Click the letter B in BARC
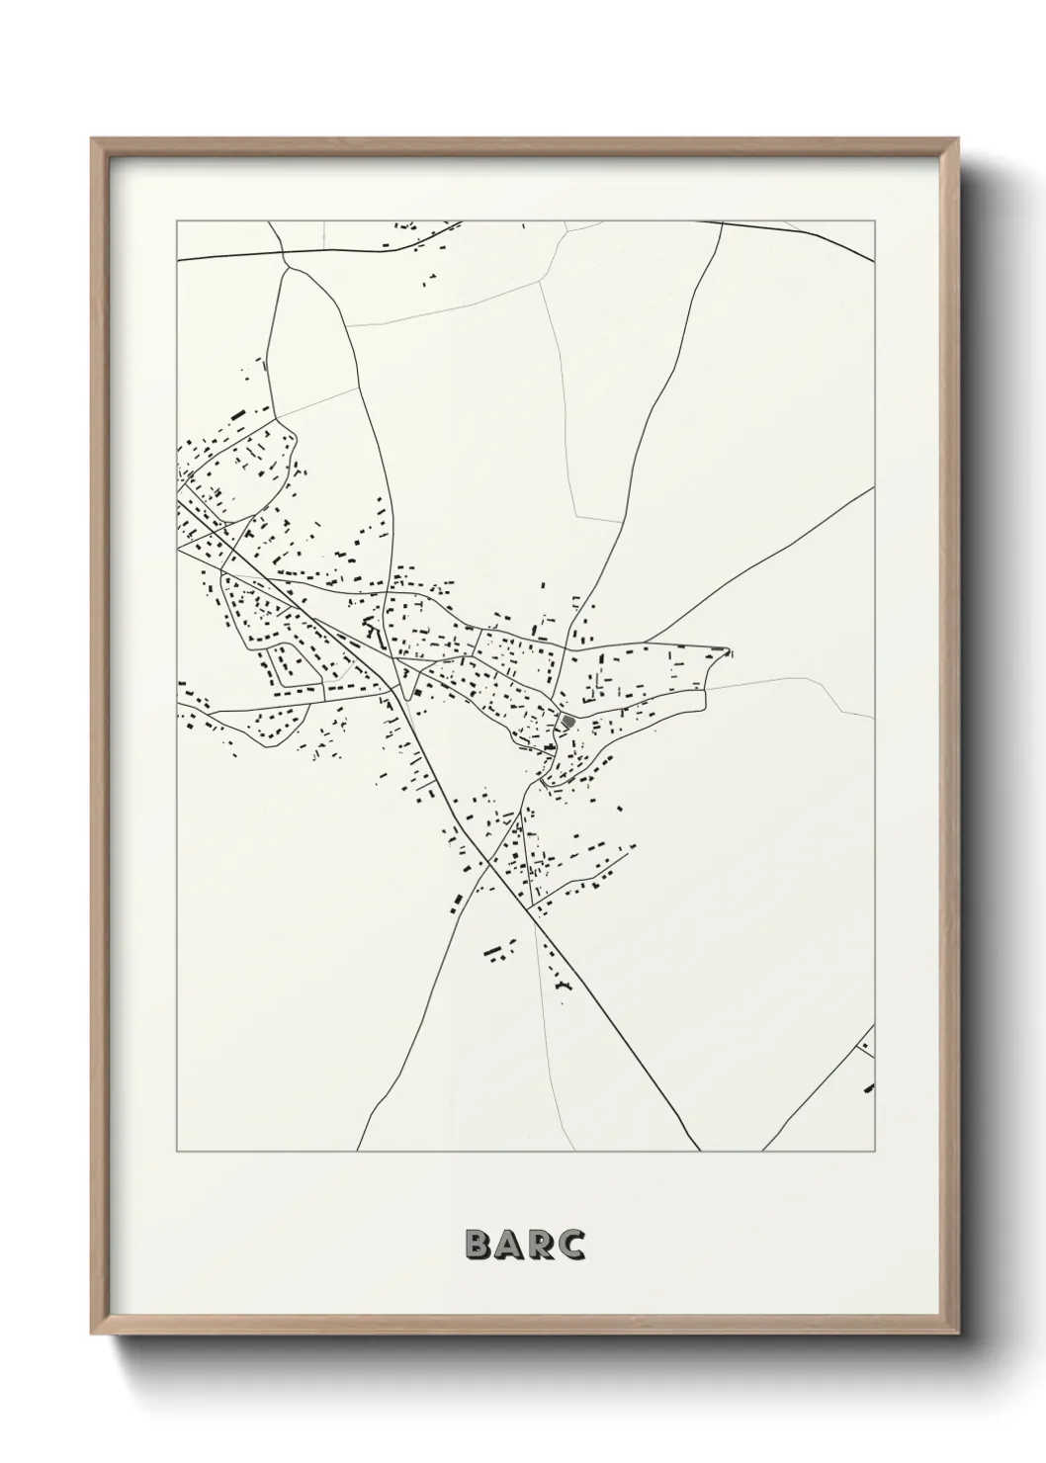pyautogui.click(x=476, y=1246)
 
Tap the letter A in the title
pyautogui.click(x=508, y=1246)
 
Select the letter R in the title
pyautogui.click(x=540, y=1246)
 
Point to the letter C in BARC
pyautogui.click(x=570, y=1246)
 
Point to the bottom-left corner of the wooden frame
pyautogui.click(x=92, y=1330)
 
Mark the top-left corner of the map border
pyautogui.click(x=177, y=221)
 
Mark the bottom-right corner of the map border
pyautogui.click(x=875, y=1152)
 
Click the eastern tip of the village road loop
pyautogui.click(x=729, y=651)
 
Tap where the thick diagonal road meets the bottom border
pyautogui.click(x=700, y=1151)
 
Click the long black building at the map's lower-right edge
pyautogui.click(x=869, y=1088)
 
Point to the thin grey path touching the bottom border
pyautogui.click(x=548, y=1151)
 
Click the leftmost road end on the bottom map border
pyautogui.click(x=358, y=1151)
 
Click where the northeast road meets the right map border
pyautogui.click(x=874, y=488)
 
